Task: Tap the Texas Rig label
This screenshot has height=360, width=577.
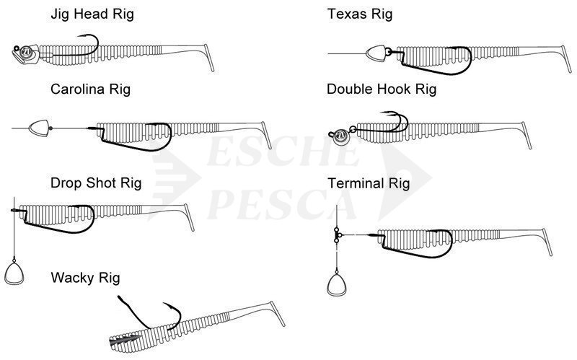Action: [x=360, y=14]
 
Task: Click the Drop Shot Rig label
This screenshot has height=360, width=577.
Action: [x=96, y=183]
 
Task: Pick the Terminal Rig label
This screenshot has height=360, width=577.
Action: [x=368, y=183]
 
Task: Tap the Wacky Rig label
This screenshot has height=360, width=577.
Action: [x=85, y=277]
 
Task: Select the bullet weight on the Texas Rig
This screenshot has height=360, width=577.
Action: [x=376, y=53]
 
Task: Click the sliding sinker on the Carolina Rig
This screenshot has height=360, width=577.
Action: [x=38, y=129]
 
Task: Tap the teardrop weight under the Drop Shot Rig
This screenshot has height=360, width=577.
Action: [x=14, y=273]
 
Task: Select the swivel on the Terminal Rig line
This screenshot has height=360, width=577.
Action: [x=338, y=234]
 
